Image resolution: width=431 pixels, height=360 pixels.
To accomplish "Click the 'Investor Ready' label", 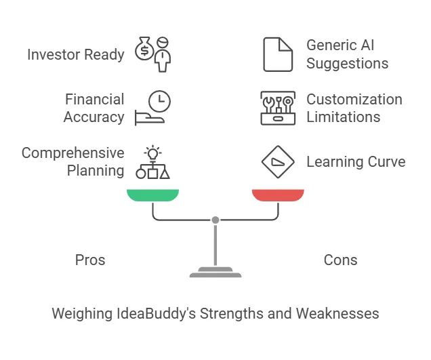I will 75,55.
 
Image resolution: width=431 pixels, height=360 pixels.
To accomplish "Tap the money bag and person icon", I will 152,55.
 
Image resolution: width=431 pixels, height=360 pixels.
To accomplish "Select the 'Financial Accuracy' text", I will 94,108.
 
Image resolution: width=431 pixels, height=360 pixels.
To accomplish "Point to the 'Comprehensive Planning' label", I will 73,161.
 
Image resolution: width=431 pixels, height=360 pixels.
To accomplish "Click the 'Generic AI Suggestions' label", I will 347,55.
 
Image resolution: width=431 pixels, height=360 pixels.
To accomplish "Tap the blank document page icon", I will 278,55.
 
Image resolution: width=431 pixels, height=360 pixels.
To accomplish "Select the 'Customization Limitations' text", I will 354,108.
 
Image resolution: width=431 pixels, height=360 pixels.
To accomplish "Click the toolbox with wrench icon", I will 278,108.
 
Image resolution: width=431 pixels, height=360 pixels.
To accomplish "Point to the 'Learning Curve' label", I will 356,161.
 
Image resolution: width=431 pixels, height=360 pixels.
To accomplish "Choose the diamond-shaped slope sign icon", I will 278,161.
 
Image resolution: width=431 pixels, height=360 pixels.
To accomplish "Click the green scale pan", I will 152,195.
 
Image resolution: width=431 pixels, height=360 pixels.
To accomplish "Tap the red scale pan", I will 278,195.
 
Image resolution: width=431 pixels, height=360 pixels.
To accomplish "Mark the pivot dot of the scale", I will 215,220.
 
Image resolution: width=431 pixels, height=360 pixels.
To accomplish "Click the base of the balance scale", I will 215,274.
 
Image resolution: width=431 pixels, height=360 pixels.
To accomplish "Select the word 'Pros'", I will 89,260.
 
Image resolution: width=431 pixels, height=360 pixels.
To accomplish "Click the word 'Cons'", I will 340,260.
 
